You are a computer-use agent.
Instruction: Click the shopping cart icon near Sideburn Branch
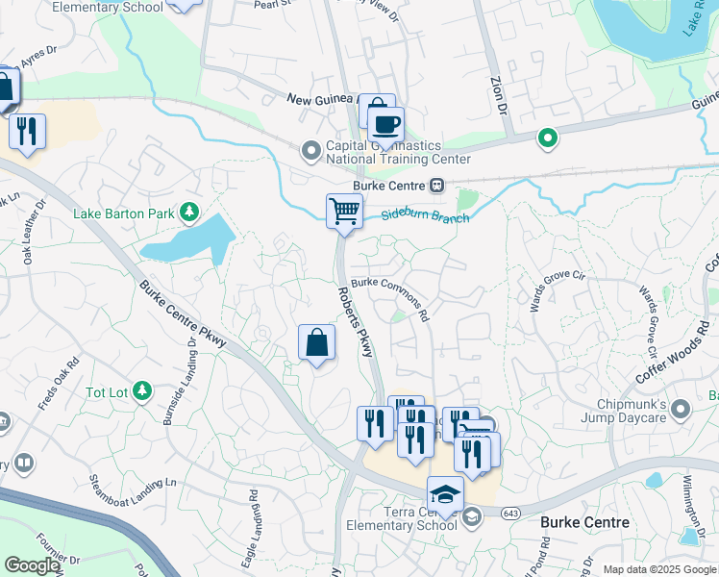[x=344, y=211]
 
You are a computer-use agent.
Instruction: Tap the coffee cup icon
[x=385, y=125]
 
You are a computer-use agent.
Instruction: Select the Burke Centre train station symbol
[x=437, y=185]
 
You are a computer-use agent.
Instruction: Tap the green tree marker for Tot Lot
[x=142, y=389]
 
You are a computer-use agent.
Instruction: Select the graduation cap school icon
[x=445, y=494]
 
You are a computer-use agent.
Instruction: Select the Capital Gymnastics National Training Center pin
[x=310, y=150]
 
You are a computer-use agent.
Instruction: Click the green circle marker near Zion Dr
[x=548, y=139]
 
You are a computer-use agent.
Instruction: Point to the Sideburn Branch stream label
[x=425, y=217]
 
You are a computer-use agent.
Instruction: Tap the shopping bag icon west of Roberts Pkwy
[x=316, y=342]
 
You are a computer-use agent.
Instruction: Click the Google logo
[x=32, y=565]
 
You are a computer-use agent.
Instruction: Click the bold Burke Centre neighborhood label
[x=584, y=523]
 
